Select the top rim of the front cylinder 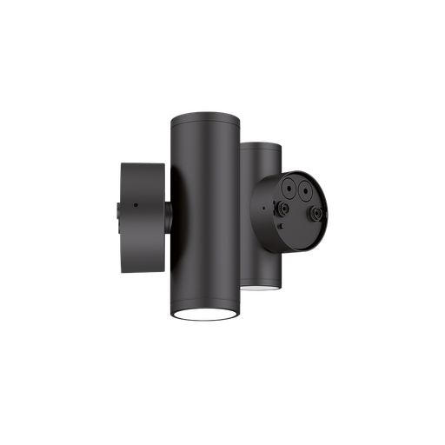pos(204,116)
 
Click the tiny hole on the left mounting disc pos(135,205)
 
